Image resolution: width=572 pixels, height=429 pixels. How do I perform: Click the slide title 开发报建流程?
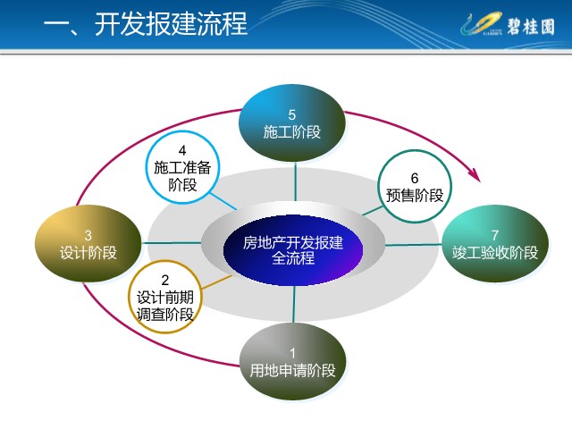[x=171, y=24]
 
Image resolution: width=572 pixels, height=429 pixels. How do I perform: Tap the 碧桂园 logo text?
[x=531, y=26]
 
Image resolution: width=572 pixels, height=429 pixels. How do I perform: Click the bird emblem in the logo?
[x=481, y=23]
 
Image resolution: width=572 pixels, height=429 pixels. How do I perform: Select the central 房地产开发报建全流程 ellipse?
[x=293, y=250]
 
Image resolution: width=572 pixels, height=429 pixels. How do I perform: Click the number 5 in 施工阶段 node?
[x=292, y=115]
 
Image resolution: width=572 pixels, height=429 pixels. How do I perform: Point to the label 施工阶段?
[x=292, y=132]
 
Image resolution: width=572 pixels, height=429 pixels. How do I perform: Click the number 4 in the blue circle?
[x=182, y=150]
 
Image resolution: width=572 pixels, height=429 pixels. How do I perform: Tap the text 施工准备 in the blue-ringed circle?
[x=182, y=167]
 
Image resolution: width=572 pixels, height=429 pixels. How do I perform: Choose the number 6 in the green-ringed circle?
[x=415, y=178]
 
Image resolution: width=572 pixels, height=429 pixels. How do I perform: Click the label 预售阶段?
[x=415, y=195]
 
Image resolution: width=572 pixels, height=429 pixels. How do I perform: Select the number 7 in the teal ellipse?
[x=494, y=235]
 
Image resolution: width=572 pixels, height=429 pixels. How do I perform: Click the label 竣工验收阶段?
[x=495, y=252]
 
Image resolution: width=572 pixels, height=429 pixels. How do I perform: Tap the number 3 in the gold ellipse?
[x=88, y=235]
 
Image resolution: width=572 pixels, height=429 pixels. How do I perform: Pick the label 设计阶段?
[x=88, y=252]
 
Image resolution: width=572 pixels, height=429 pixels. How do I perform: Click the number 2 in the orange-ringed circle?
[x=164, y=280]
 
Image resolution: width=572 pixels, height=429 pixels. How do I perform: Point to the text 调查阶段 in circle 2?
[x=164, y=315]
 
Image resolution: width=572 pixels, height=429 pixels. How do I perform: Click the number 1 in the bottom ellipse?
[x=292, y=353]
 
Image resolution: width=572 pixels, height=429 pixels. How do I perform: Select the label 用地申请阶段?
[x=292, y=371]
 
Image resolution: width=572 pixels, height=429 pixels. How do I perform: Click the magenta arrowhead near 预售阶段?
[x=475, y=175]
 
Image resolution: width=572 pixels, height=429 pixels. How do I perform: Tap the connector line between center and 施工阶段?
[x=296, y=181]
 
